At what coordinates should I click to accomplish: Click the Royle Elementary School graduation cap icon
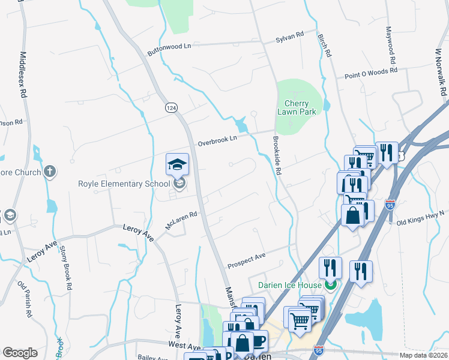tap(177, 164)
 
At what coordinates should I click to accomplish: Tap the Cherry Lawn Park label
tap(297, 107)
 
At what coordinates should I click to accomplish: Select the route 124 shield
tap(171, 107)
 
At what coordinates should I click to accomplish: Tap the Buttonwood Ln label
tap(169, 49)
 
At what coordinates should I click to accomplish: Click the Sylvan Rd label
tap(290, 38)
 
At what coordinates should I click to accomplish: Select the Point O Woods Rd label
tap(371, 73)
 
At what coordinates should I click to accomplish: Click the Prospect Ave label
tap(246, 260)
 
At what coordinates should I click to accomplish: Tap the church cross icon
tap(49, 172)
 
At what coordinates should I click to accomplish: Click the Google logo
tap(20, 353)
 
